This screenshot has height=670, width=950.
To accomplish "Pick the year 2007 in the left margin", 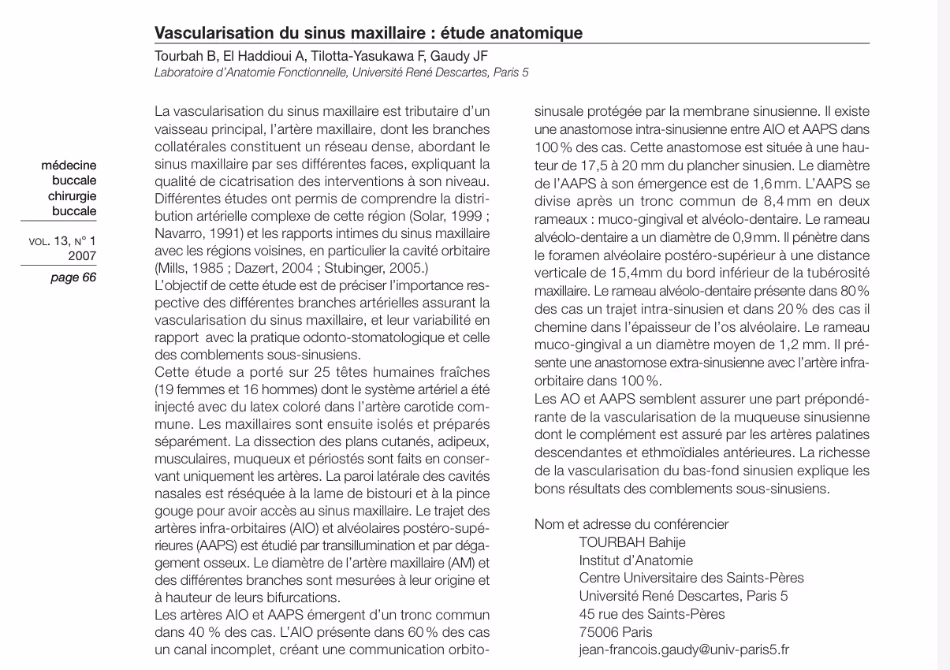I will coord(83,255).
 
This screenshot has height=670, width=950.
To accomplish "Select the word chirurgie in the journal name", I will coord(73,195).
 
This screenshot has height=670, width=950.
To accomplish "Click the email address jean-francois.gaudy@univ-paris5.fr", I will coord(684,650).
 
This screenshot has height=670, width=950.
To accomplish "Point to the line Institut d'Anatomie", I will coord(635,560).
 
